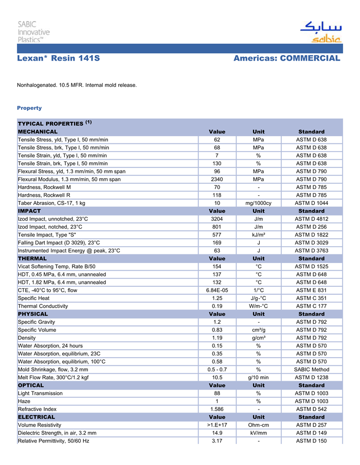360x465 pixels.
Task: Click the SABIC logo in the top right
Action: (320, 32)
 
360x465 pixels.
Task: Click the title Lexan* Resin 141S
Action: (59, 59)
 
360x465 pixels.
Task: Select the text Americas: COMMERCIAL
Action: (286, 59)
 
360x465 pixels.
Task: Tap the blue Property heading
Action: (29, 108)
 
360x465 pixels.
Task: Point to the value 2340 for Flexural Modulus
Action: (217, 179)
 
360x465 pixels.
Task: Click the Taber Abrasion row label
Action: (51, 203)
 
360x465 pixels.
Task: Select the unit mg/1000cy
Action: (258, 203)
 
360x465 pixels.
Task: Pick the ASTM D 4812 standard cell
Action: (311, 219)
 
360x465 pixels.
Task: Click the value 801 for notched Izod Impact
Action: (217, 227)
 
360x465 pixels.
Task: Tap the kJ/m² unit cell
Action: (258, 235)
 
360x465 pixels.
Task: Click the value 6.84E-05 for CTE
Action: (217, 290)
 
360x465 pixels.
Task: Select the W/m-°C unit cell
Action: (258, 306)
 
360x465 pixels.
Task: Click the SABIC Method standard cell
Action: (311, 369)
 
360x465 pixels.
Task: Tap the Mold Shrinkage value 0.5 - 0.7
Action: (217, 369)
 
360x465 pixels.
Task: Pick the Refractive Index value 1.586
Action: (217, 409)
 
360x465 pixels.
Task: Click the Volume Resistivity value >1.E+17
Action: (217, 425)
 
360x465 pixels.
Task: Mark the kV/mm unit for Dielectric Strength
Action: (258, 433)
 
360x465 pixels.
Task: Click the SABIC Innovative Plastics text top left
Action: (34, 31)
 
